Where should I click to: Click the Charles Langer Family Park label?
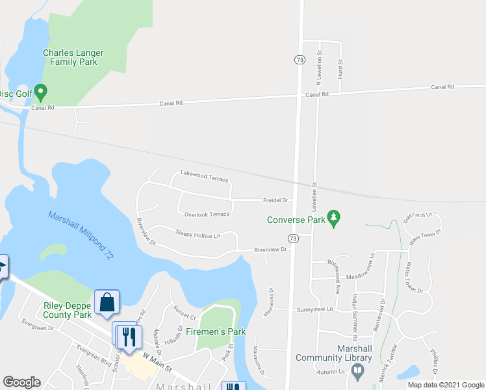[70, 57]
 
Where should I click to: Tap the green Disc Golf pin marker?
[40, 92]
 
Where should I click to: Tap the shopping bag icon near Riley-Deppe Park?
[107, 302]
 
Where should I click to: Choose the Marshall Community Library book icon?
[357, 371]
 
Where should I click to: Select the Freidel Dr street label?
[275, 200]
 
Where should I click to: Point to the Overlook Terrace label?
[207, 214]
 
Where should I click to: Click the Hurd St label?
[340, 68]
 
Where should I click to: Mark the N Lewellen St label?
[319, 68]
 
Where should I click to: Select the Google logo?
[21, 382]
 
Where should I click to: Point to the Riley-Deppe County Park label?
[68, 310]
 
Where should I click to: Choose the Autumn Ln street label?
[329, 372]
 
